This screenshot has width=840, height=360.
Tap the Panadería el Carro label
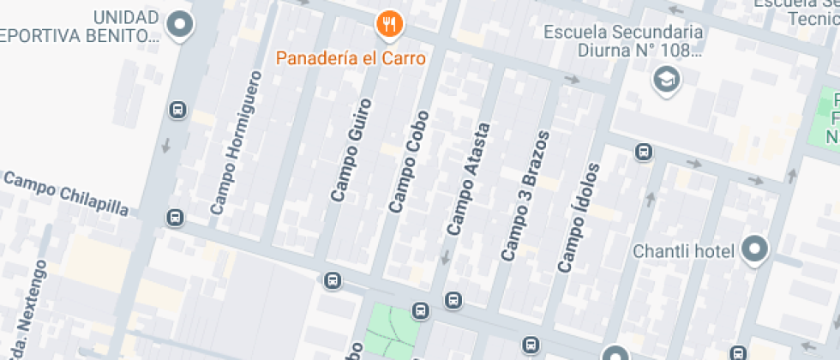(x=350, y=58)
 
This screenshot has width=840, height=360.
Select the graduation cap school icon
(x=665, y=81)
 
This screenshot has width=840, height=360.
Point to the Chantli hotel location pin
(x=755, y=250)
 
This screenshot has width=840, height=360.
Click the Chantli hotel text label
(x=684, y=251)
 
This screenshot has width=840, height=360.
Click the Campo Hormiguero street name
(x=235, y=142)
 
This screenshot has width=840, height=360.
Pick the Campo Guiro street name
(x=352, y=149)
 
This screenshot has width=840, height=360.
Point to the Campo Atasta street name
(x=469, y=179)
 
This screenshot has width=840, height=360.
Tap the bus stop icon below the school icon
(x=643, y=153)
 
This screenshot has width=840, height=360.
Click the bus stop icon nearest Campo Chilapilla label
(x=175, y=218)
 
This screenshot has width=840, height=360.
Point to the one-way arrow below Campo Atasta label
(x=445, y=256)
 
